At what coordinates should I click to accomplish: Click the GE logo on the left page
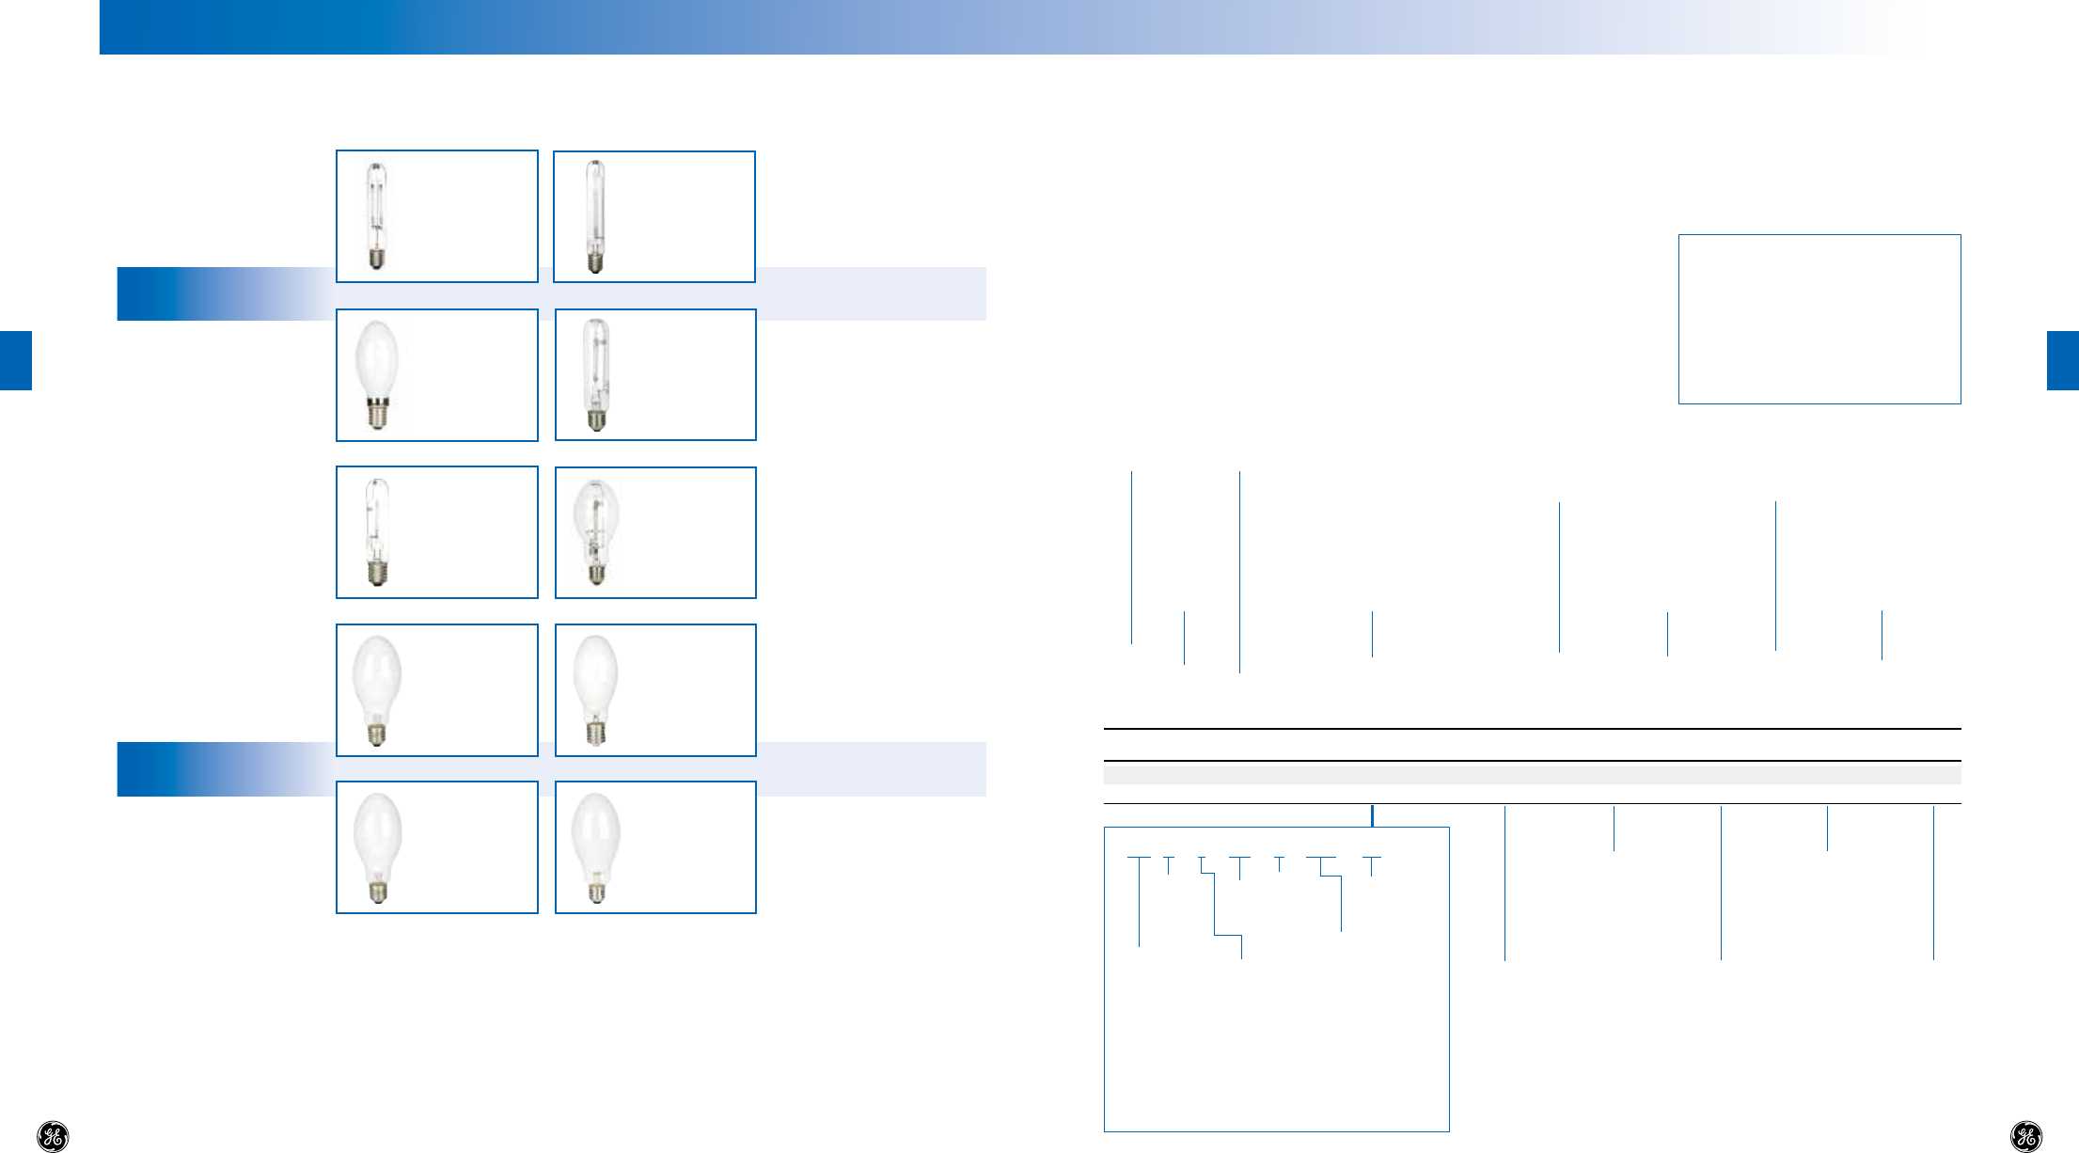[x=53, y=1136]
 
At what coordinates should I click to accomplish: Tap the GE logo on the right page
[x=2025, y=1136]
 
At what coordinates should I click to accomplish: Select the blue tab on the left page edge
[x=16, y=360]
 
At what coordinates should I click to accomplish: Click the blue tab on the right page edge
[x=2063, y=360]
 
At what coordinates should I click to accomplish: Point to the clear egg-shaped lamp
[x=595, y=530]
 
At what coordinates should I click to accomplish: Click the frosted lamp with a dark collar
[x=377, y=374]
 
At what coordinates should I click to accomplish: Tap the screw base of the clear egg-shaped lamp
[x=596, y=574]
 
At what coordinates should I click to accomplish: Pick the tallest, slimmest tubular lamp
[x=594, y=216]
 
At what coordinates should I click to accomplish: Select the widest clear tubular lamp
[x=596, y=374]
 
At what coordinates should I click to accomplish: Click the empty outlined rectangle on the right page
[x=1819, y=319]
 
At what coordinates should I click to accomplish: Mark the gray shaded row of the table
[x=1532, y=775]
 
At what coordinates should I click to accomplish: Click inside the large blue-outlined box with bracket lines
[x=1276, y=1035]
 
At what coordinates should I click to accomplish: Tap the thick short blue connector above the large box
[x=1372, y=815]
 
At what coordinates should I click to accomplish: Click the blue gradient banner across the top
[x=940, y=26]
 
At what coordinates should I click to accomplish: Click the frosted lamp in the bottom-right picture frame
[x=595, y=846]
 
